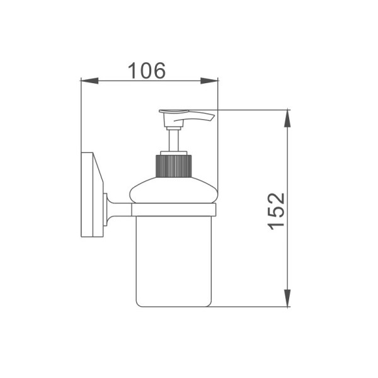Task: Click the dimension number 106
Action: [147, 71]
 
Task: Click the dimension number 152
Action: [277, 211]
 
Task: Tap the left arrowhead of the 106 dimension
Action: [89, 81]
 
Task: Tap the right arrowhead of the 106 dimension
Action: [209, 81]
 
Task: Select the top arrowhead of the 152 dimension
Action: [287, 118]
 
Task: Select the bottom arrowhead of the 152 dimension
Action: [287, 298]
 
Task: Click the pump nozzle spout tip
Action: [212, 118]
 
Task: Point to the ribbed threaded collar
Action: [174, 166]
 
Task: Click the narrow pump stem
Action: [174, 140]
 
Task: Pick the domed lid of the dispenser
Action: [174, 190]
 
